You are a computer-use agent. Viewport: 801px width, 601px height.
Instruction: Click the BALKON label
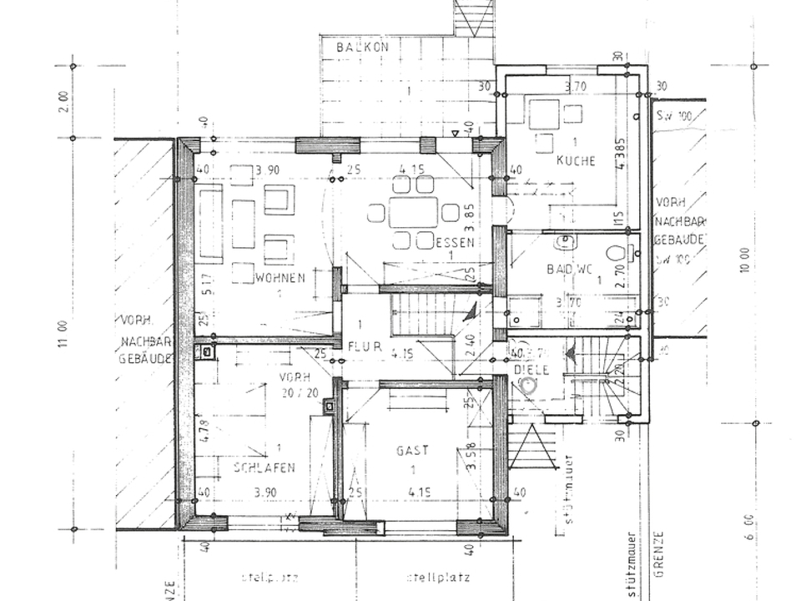click(x=363, y=48)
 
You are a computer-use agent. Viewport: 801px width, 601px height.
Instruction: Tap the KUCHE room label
click(x=576, y=160)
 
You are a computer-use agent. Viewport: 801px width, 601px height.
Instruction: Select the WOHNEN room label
click(x=280, y=277)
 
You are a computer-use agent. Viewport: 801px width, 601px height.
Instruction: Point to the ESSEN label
click(x=456, y=243)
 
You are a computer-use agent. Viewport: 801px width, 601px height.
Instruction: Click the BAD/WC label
click(x=570, y=269)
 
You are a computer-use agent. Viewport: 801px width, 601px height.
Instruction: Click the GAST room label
click(x=412, y=450)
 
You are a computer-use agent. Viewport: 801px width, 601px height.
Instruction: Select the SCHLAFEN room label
click(x=264, y=468)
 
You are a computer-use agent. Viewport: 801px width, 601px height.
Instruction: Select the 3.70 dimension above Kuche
click(x=577, y=86)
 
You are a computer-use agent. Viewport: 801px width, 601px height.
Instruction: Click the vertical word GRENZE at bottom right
click(x=660, y=555)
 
